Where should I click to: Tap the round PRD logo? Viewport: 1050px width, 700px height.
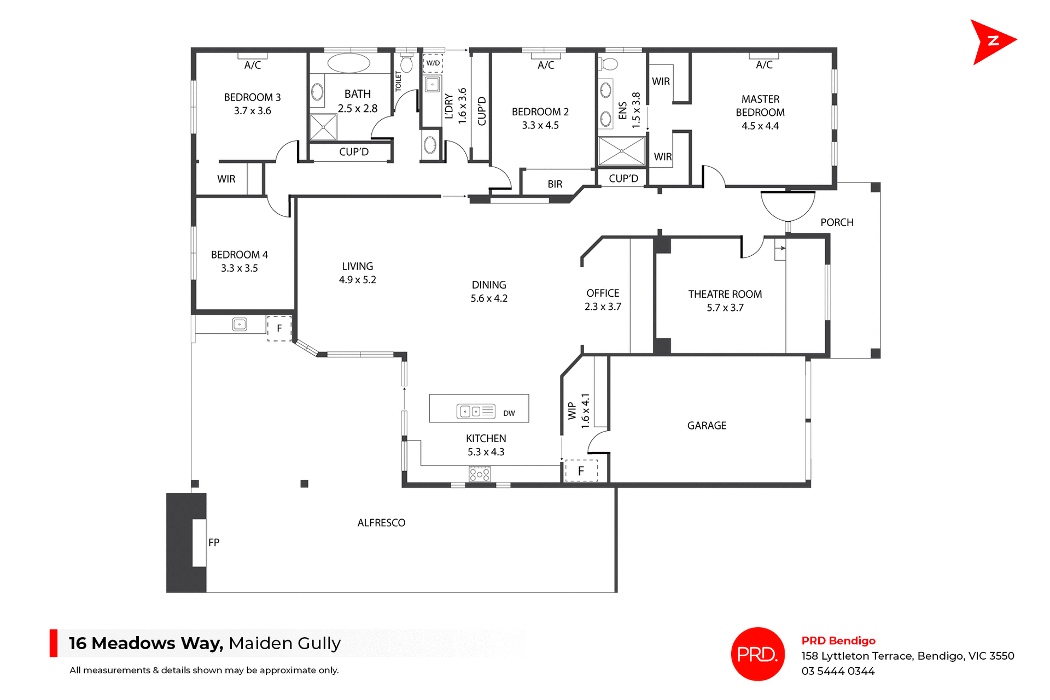[757, 654]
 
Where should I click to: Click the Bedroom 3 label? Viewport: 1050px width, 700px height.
[252, 97]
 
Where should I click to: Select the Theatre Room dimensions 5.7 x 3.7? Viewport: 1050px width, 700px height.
[725, 308]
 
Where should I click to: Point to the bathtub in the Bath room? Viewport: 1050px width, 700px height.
[348, 63]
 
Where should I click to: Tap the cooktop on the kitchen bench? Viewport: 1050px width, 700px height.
[479, 474]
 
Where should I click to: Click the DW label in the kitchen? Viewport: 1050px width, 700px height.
[509, 413]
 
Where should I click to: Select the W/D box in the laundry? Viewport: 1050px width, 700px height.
[433, 63]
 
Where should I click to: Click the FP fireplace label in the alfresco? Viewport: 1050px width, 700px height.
[214, 542]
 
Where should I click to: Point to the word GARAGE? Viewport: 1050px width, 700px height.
[707, 425]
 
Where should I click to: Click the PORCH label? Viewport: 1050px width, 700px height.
[837, 222]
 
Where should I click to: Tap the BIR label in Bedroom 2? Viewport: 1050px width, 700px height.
[555, 184]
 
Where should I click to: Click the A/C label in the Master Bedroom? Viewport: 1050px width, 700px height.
[764, 65]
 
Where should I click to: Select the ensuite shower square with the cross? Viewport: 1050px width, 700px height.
[622, 151]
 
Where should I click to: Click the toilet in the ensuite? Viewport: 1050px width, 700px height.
[609, 64]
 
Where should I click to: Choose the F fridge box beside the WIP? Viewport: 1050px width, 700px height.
[581, 470]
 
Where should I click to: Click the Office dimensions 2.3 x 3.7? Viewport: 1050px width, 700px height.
[603, 307]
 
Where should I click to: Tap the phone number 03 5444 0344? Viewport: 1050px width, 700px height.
[838, 671]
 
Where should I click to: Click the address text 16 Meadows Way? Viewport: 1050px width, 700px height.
[146, 643]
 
